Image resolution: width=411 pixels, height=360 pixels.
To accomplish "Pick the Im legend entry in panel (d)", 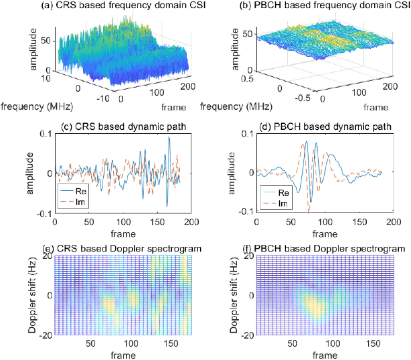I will (286, 201).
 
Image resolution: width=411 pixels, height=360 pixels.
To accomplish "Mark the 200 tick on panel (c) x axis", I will (190, 222).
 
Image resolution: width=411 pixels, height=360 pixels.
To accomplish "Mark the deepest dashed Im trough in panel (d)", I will (309, 209).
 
